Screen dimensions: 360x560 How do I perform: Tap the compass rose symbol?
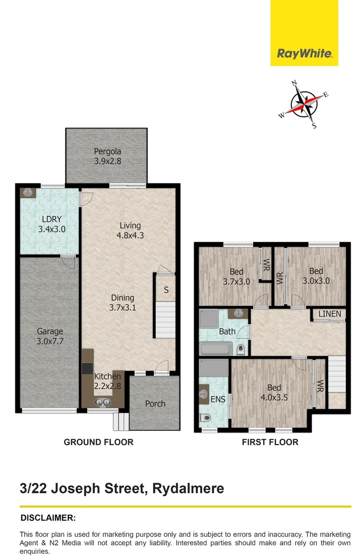(x=303, y=105)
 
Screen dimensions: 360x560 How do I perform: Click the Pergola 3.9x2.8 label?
(x=107, y=156)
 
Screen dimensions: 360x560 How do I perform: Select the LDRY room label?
(x=52, y=219)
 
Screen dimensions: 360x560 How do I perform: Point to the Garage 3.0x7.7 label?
(x=50, y=337)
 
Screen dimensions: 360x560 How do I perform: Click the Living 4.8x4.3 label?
(x=130, y=230)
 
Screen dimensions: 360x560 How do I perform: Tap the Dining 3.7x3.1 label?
(x=122, y=302)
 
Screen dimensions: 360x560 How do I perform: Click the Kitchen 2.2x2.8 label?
(x=107, y=381)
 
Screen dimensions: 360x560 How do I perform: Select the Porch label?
(x=155, y=404)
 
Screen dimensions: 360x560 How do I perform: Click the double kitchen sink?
(x=103, y=402)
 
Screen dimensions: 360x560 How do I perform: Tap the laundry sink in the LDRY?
(x=27, y=193)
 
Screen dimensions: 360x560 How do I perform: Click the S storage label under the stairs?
(x=166, y=290)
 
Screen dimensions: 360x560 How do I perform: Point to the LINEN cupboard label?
(x=329, y=314)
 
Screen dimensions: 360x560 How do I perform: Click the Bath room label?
(x=227, y=331)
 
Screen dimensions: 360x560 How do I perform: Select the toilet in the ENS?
(x=205, y=417)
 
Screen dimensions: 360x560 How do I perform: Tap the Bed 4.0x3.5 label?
(x=274, y=393)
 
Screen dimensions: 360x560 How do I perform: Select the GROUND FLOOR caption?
(x=99, y=442)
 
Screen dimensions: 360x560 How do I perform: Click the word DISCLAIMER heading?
(x=48, y=518)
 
